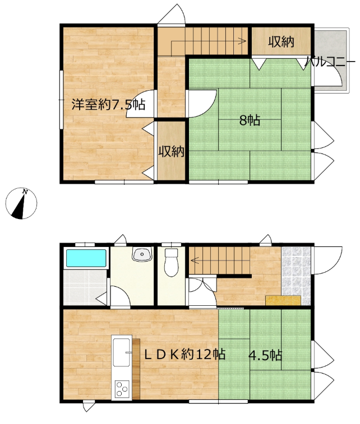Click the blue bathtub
pyautogui.click(x=86, y=258)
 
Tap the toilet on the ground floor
pyautogui.click(x=171, y=262)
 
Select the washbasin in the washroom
pyautogui.click(x=142, y=254)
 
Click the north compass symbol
pyautogui.click(x=21, y=203)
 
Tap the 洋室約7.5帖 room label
pyautogui.click(x=108, y=104)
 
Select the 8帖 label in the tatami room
pyautogui.click(x=250, y=120)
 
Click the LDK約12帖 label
pyautogui.click(x=184, y=354)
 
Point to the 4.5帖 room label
pyautogui.click(x=265, y=355)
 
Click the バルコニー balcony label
pyautogui.click(x=330, y=62)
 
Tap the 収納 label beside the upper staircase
pyautogui.click(x=281, y=41)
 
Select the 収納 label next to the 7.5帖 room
pyautogui.click(x=172, y=151)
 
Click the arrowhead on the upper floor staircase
pyautogui.click(x=243, y=41)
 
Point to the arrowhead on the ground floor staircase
pyautogui.click(x=194, y=260)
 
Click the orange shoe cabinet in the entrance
pyautogui.click(x=283, y=300)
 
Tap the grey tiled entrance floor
pyautogui.click(x=296, y=276)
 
